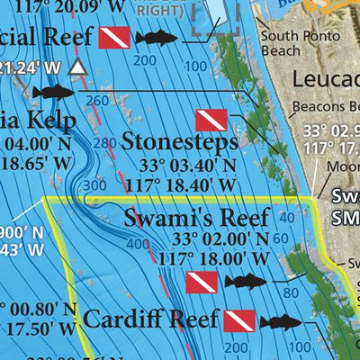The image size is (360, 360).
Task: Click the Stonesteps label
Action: (181, 141)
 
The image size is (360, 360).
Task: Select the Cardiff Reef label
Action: (150, 319)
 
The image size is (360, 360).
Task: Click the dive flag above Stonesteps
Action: (211, 120)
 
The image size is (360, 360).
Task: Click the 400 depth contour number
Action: (137, 243)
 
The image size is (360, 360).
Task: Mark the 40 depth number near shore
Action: (286, 217)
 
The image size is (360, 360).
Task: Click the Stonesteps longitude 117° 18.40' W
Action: (179, 184)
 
